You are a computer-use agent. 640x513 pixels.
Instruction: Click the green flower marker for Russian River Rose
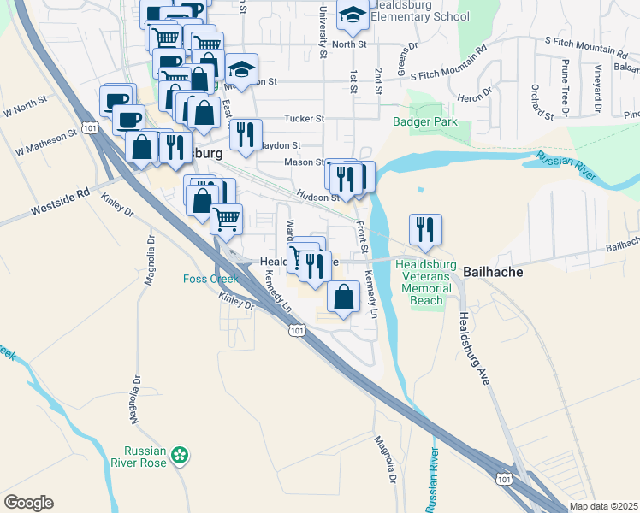pos(180,456)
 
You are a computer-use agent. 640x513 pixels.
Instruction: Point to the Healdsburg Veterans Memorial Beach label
pos(425,282)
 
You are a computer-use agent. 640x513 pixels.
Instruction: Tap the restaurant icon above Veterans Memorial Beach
pos(425,229)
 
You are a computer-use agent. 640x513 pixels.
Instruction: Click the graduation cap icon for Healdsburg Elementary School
pos(352,15)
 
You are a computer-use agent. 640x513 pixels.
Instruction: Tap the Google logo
pos(28,503)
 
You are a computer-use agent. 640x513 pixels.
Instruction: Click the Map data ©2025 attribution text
pos(604,506)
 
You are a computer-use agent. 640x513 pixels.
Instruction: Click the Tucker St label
pos(305,119)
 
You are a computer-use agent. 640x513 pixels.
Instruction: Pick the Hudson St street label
pos(311,197)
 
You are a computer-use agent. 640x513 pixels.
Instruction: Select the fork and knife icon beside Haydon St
pos(246,135)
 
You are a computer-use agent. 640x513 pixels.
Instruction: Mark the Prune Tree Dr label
pos(566,81)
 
